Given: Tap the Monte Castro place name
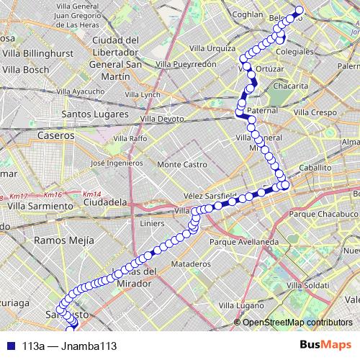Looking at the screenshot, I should tap(182, 164).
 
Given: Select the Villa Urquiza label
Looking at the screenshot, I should tap(212, 48).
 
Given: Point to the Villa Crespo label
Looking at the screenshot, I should tap(315, 113).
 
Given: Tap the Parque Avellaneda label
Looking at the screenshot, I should tap(243, 242).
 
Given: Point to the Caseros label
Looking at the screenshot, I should tap(57, 135).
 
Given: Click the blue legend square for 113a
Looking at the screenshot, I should tap(8, 346).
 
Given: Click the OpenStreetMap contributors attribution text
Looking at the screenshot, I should tap(297, 323).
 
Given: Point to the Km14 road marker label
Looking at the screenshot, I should tap(91, 194).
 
